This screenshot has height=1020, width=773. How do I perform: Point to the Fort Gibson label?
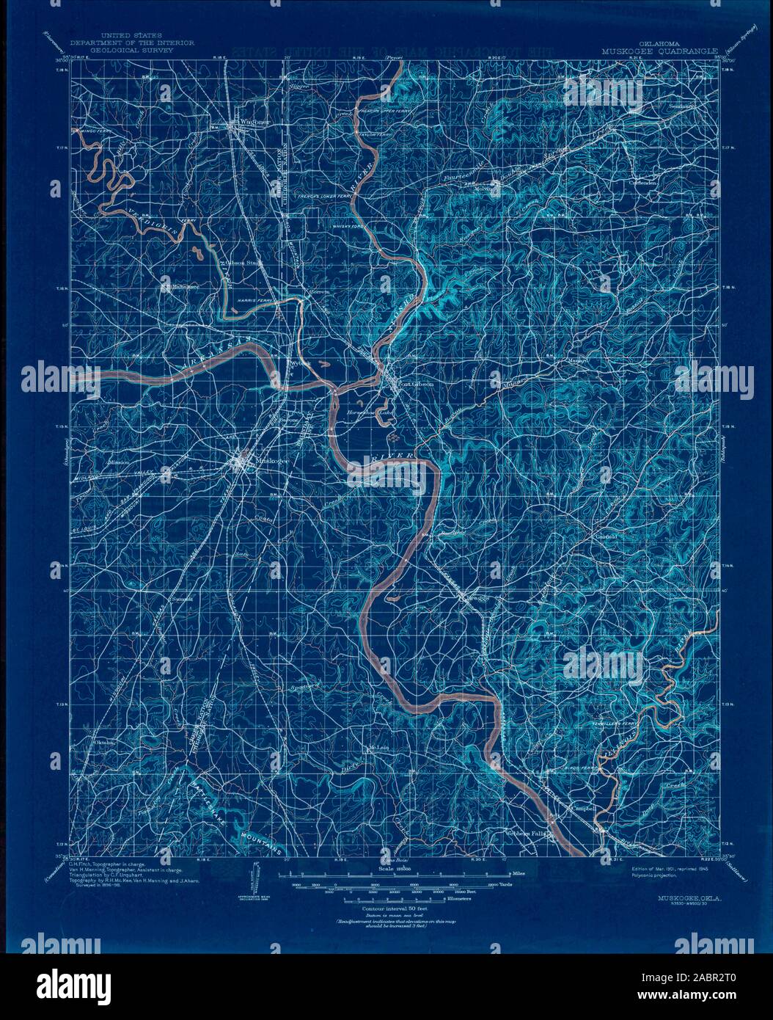tap(414, 384)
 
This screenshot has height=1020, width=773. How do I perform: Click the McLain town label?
tap(376, 748)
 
